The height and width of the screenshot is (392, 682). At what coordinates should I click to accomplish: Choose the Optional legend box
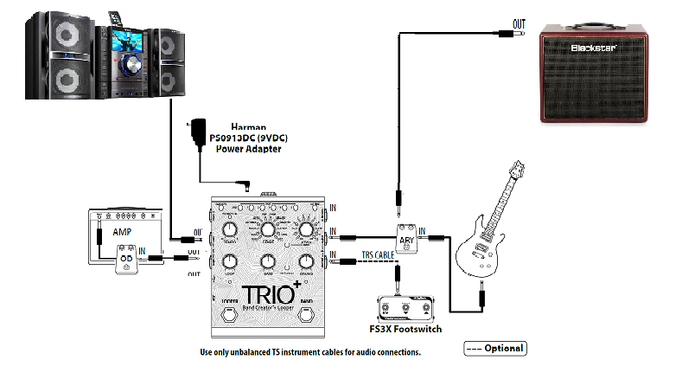pyautogui.click(x=494, y=348)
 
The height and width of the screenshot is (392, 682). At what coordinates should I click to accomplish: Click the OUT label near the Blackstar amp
pyautogui.click(x=519, y=23)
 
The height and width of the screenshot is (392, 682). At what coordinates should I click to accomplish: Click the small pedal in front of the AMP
pyautogui.click(x=127, y=260)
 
